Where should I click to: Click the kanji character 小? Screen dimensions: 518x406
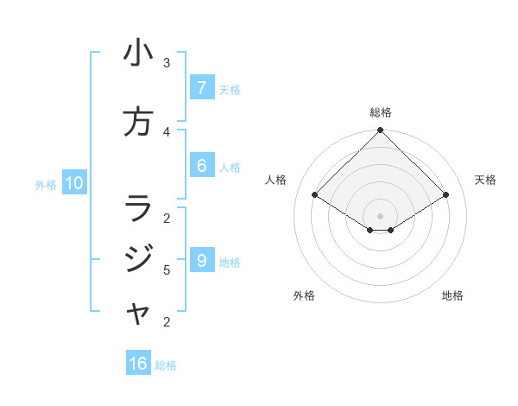(138, 54)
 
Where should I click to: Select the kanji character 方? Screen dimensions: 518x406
(138, 122)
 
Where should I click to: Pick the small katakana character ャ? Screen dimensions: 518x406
(139, 315)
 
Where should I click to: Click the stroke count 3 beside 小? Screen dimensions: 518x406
(167, 62)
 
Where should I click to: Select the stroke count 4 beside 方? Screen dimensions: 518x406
(167, 131)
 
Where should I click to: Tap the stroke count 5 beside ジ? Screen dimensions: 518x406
(167, 270)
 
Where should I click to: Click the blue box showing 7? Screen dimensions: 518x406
(201, 88)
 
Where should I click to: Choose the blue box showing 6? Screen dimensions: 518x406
(201, 166)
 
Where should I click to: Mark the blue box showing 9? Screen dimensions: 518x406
(201, 261)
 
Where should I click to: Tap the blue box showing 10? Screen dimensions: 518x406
(73, 183)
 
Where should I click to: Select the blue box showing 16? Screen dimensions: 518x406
(138, 364)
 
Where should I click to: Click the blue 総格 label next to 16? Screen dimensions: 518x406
(166, 365)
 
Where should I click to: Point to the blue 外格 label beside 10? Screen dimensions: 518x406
(46, 184)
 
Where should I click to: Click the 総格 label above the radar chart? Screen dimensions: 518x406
(380, 112)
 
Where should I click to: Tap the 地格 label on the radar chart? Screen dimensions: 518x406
(452, 295)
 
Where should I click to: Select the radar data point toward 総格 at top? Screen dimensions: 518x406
(380, 130)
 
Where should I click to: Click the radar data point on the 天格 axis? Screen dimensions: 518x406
(446, 195)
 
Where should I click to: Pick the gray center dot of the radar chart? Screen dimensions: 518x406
(380, 215)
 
